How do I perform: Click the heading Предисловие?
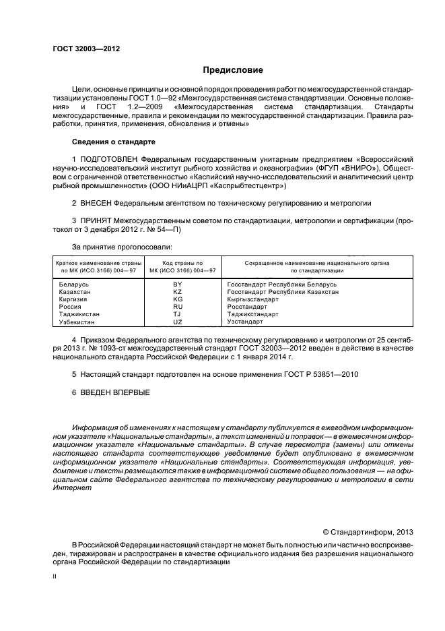pyautogui.click(x=234, y=70)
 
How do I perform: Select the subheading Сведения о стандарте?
pyautogui.click(x=113, y=142)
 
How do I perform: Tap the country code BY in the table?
pyautogui.click(x=178, y=284)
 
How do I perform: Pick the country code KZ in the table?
pyautogui.click(x=178, y=291)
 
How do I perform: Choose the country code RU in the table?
pyautogui.click(x=178, y=306)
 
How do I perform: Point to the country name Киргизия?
pyautogui.click(x=74, y=299)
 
